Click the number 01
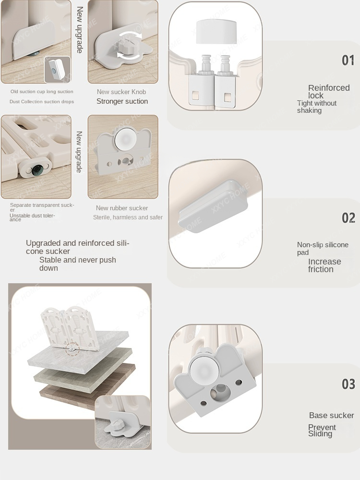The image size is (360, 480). (x=348, y=60)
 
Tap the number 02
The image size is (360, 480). (x=348, y=218)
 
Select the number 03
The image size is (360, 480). (x=348, y=384)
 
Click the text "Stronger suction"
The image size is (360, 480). (x=122, y=101)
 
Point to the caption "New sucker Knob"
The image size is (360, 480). (x=121, y=92)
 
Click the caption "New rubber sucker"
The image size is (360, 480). (x=122, y=208)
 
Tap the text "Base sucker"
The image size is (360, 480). (x=331, y=415)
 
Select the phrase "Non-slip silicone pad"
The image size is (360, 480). (x=323, y=249)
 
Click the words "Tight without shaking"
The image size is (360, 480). (x=316, y=107)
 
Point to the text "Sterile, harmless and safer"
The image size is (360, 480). (x=128, y=217)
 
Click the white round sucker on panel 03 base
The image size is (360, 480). (x=204, y=371)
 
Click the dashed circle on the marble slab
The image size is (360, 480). (x=72, y=350)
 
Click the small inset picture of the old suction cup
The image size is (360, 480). (x=57, y=70)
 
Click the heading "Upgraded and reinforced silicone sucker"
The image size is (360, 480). (x=77, y=247)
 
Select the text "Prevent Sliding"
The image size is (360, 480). (x=322, y=431)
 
